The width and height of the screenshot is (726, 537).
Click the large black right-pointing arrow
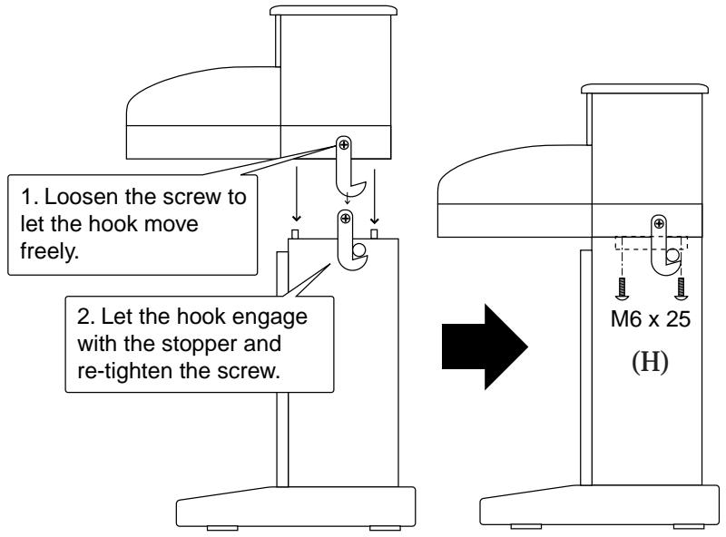485,347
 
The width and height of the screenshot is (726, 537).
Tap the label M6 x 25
650,319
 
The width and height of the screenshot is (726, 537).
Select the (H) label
650,362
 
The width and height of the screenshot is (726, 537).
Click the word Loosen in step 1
81,197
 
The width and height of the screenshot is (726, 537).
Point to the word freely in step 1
50,251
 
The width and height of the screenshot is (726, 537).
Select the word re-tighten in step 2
123,371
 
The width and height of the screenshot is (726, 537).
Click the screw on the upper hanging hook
344,144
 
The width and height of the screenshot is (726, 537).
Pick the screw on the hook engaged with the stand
345,219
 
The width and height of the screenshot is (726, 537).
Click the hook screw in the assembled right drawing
659,225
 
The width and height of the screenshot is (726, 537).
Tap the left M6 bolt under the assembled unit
622,288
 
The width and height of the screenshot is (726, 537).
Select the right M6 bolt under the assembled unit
680,288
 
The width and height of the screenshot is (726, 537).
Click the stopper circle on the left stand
358,250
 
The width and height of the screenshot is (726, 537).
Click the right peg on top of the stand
374,233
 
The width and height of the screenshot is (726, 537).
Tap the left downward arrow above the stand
297,194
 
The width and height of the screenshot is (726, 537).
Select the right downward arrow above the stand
375,197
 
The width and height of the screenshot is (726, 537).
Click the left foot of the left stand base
222,528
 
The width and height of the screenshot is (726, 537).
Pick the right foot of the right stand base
689,527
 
